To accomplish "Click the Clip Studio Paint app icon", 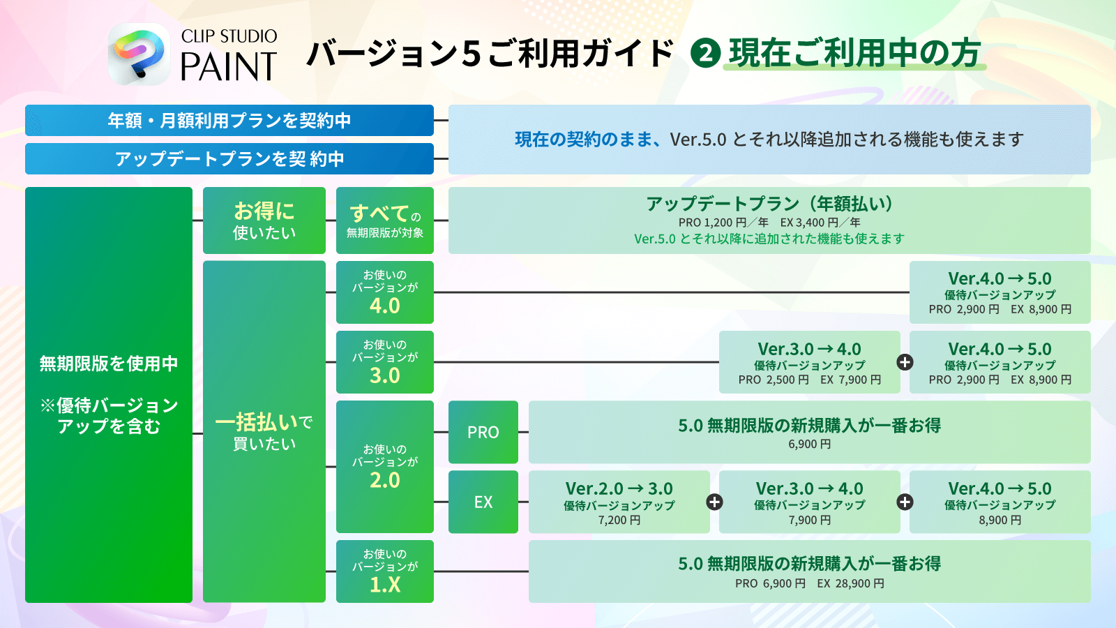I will point(139,54).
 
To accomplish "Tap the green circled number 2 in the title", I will point(705,54).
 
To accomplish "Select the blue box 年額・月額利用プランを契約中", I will point(229,120).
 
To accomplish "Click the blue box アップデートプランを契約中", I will point(229,158).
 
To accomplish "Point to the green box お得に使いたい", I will point(264,220).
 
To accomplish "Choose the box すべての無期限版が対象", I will point(384,220).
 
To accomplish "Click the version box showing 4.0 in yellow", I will point(384,292).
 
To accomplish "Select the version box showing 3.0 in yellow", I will point(384,362).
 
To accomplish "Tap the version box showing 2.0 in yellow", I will point(384,466).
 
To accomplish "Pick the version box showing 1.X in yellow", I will point(384,571).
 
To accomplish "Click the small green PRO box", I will point(483,432).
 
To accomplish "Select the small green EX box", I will point(483,502).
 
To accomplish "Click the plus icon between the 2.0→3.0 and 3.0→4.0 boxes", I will point(714,502).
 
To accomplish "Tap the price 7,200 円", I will point(619,520).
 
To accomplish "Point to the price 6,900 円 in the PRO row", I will point(809,444).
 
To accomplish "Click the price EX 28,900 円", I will point(850,583).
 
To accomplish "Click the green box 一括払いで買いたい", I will point(264,431).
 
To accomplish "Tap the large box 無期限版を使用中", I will point(108,394).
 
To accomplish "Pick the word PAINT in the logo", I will point(228,68).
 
